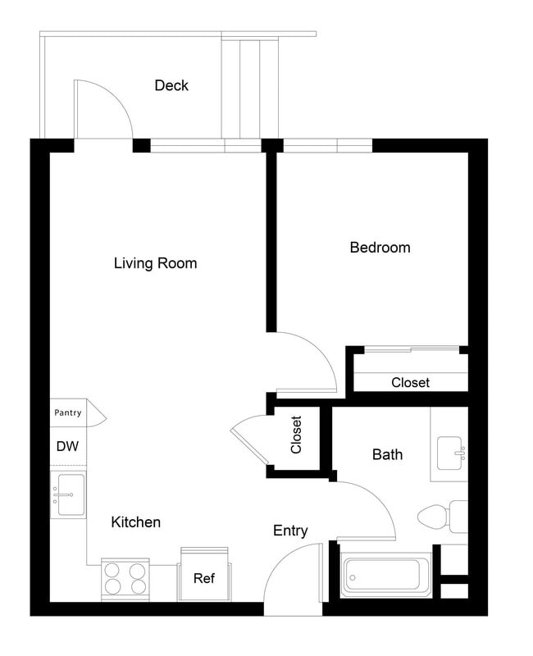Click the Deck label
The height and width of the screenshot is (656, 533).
pyautogui.click(x=171, y=85)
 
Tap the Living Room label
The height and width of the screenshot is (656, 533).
pyautogui.click(x=155, y=263)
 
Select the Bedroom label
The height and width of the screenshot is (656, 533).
pyautogui.click(x=380, y=247)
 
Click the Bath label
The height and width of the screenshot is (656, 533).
pyautogui.click(x=387, y=453)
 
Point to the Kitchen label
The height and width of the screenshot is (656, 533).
pyautogui.click(x=136, y=522)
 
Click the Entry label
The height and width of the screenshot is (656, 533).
pyautogui.click(x=290, y=531)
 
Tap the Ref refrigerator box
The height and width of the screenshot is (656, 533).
pyautogui.click(x=204, y=577)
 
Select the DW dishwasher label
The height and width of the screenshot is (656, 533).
pyautogui.click(x=66, y=447)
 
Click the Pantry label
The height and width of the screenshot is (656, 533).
pyautogui.click(x=67, y=412)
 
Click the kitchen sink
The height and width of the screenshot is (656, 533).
pyautogui.click(x=68, y=494)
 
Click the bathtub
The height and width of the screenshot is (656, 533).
pyautogui.click(x=385, y=576)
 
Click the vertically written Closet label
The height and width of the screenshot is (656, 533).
pyautogui.click(x=296, y=435)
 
